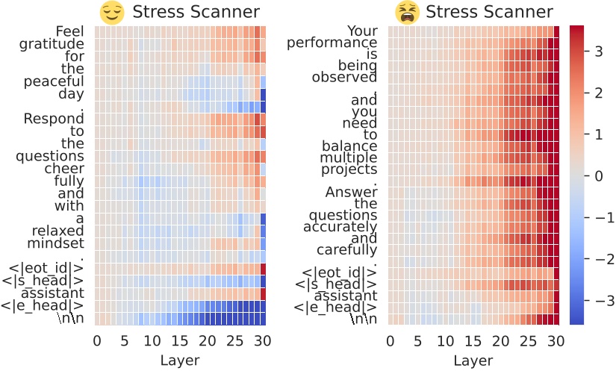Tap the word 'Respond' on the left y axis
(x=55, y=119)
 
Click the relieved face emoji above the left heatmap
(x=111, y=12)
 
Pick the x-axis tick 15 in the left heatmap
(x=180, y=341)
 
